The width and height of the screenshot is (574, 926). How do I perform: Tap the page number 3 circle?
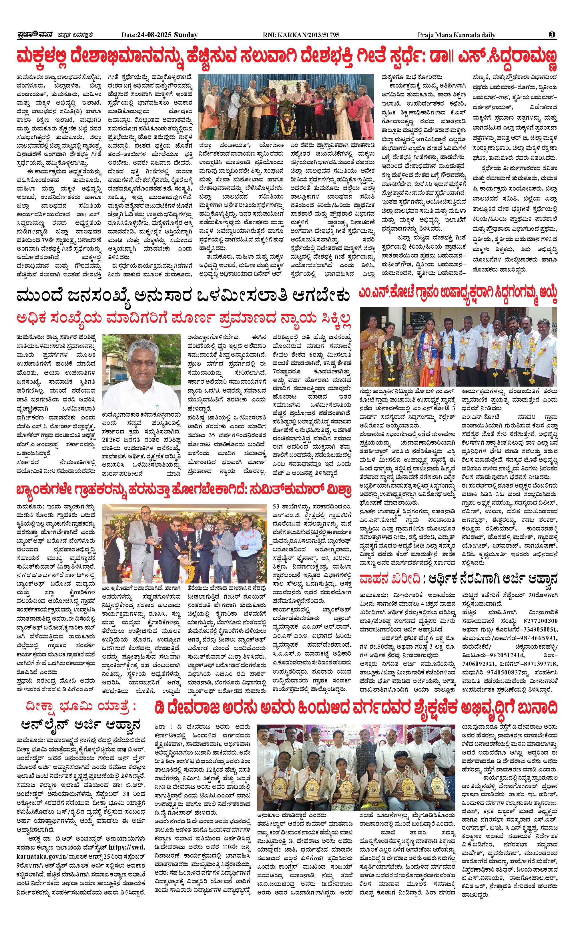(x=552, y=35)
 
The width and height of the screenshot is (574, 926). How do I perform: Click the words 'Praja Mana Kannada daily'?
(x=457, y=35)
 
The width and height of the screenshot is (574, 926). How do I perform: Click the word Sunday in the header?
(x=186, y=35)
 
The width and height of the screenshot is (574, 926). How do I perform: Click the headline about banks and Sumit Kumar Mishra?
(x=183, y=491)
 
